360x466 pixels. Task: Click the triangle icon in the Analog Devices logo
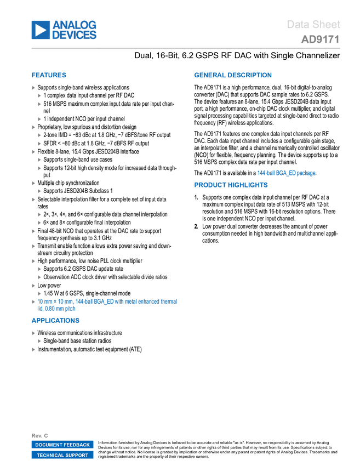39,30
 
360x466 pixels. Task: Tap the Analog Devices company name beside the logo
75,30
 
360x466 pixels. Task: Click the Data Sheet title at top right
313,25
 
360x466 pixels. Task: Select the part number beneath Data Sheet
320,39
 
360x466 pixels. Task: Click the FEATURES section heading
49,76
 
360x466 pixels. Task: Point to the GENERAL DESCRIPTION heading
232,76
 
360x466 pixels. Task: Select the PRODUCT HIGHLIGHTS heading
231,185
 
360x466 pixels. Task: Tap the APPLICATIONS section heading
55,321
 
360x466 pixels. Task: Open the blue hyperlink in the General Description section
286,173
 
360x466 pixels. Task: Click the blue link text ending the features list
107,302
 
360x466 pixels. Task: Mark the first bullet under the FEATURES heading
33,88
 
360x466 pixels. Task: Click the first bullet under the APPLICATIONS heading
33,333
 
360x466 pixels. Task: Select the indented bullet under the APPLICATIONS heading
39,341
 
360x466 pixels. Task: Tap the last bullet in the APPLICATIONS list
33,349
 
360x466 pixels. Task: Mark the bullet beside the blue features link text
33,302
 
